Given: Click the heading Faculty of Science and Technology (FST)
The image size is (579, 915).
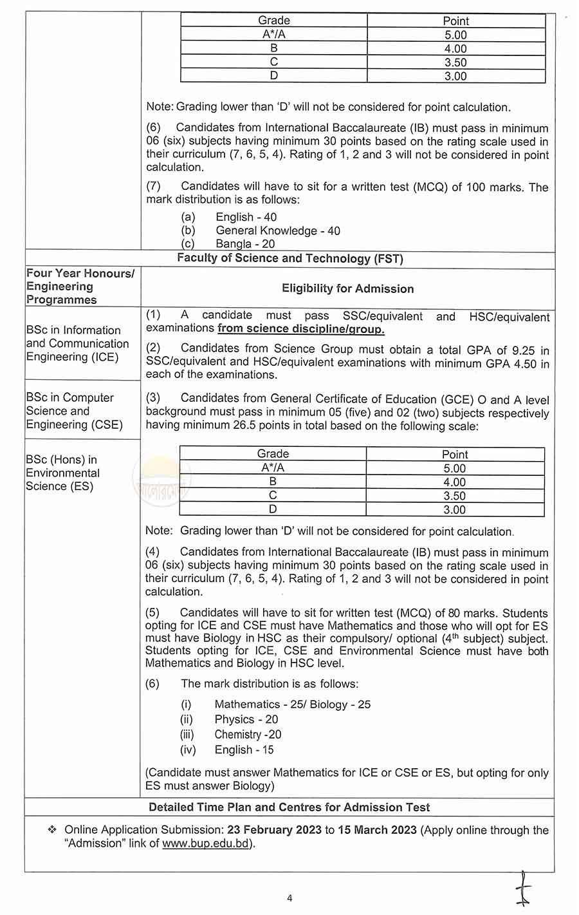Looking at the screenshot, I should (x=289, y=259).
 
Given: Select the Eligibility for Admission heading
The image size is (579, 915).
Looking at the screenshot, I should (x=347, y=288).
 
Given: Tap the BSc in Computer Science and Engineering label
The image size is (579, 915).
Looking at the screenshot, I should (x=74, y=411).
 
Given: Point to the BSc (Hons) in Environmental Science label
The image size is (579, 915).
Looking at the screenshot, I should (x=63, y=473).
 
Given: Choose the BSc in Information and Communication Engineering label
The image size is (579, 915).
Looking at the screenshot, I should (x=77, y=343).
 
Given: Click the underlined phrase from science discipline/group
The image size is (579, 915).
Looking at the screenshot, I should (x=300, y=329).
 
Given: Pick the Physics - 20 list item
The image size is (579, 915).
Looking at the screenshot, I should (x=246, y=719).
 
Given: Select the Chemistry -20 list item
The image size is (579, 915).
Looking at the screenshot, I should (x=248, y=735).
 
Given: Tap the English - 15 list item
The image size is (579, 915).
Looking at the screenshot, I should (x=244, y=750).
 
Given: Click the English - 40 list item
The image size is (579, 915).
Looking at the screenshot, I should (x=246, y=218).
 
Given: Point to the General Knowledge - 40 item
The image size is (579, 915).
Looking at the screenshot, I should (x=278, y=231).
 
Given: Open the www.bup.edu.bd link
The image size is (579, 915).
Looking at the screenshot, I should (x=205, y=844).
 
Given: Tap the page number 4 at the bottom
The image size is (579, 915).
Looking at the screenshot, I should (x=289, y=898).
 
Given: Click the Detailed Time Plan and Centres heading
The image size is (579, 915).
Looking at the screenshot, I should (x=289, y=807).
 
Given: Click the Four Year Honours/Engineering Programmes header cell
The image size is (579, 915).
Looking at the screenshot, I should (x=80, y=287).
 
